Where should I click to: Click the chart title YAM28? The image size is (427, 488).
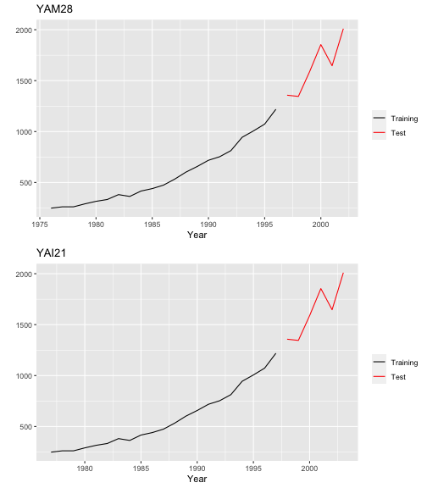point(54,8)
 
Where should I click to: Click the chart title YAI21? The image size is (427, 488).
point(52,252)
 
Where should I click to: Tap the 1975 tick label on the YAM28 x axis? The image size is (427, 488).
point(40,225)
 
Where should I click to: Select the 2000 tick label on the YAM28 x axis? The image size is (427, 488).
point(320,225)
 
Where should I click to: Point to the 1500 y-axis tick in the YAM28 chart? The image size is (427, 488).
point(24,81)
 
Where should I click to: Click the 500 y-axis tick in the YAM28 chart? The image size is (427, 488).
point(25,183)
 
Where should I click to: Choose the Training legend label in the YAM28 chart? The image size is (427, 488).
point(404,119)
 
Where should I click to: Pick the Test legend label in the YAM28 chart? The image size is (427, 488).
point(398,133)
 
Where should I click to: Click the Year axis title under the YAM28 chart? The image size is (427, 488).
point(197,235)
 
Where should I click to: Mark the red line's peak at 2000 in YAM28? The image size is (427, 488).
point(321,45)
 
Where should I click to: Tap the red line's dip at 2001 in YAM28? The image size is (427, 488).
point(332,66)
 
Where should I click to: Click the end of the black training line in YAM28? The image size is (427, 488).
point(275,109)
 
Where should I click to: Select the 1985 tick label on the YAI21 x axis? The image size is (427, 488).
point(141,469)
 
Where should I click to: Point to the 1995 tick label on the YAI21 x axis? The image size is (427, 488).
point(253,469)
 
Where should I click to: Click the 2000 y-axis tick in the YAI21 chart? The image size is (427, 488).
point(24,274)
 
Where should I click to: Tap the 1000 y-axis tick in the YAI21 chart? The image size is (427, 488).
point(24,376)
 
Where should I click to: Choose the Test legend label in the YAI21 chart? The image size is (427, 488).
point(398,377)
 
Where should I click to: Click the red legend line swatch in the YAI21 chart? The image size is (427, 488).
point(379,376)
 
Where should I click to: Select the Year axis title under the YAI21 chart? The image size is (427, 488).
point(197,479)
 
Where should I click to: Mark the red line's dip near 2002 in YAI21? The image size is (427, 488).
point(332,310)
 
